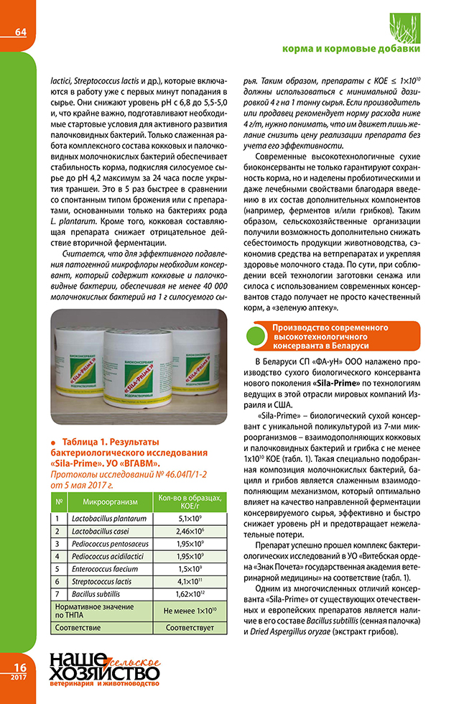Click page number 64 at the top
coord(20,32)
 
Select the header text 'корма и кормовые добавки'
coord(362,50)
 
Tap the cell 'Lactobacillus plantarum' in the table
coord(108,518)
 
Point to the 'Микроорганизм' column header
coord(106,501)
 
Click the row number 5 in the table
coord(57,568)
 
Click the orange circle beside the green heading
coord(255,336)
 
